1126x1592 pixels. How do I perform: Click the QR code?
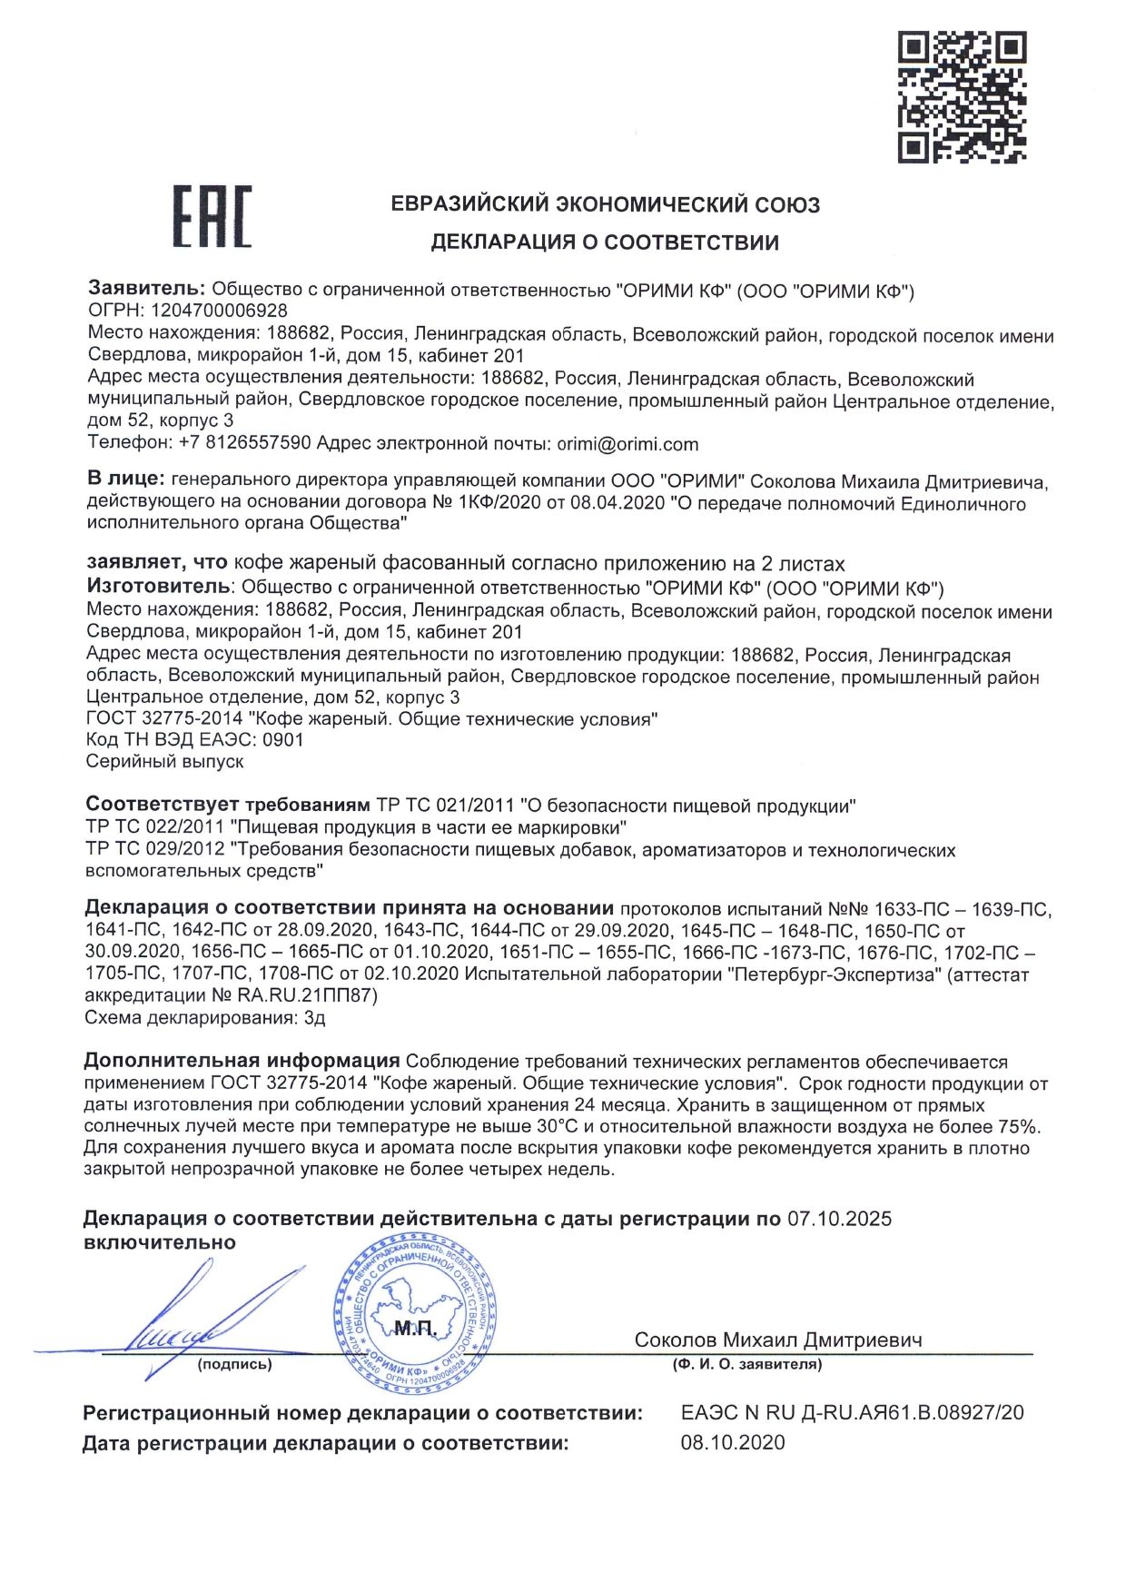pyautogui.click(x=963, y=97)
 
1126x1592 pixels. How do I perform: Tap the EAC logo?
pyautogui.click(x=212, y=217)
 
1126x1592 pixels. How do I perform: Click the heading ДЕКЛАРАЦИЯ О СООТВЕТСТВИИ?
pyautogui.click(x=605, y=242)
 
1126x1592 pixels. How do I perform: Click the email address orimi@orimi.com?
pyautogui.click(x=627, y=444)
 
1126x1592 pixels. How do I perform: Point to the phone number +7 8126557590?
pyautogui.click(x=245, y=443)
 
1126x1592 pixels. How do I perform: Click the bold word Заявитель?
pyautogui.click(x=146, y=289)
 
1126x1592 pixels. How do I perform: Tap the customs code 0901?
pyautogui.click(x=282, y=740)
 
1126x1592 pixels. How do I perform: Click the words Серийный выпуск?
pyautogui.click(x=164, y=762)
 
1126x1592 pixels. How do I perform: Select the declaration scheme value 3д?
pyautogui.click(x=312, y=1018)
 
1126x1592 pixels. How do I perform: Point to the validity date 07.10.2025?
pyautogui.click(x=839, y=1219)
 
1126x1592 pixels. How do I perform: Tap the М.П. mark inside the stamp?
pyautogui.click(x=415, y=1330)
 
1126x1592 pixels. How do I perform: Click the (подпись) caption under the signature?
pyautogui.click(x=234, y=1364)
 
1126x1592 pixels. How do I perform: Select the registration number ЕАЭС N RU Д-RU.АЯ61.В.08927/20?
pyautogui.click(x=852, y=1412)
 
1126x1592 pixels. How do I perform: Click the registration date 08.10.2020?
pyautogui.click(x=733, y=1443)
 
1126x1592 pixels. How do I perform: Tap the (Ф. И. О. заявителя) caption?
pyautogui.click(x=746, y=1364)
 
